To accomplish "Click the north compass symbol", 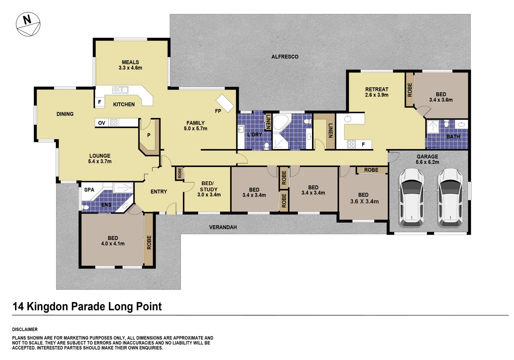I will pos(28,24).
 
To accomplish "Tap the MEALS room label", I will pos(130,62).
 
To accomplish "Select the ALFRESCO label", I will pos(285,57).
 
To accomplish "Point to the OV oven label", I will pos(102,123).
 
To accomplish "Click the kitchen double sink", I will pos(120,90).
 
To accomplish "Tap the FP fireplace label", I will pos(218,111).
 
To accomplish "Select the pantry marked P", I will pos(149,135).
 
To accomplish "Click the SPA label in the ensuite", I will pos(89,190).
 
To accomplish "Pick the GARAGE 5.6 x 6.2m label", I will pos(427,159).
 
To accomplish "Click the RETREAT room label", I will pos(377,89).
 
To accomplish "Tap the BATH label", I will pos(453,137).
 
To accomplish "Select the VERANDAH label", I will pos(223,227).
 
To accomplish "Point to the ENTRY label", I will pos(159,192).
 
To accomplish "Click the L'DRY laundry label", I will pos(254,135).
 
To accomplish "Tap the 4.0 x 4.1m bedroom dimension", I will pos(113,244).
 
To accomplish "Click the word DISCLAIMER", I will pos(25,329).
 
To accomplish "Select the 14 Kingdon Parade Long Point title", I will pos(87,306).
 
